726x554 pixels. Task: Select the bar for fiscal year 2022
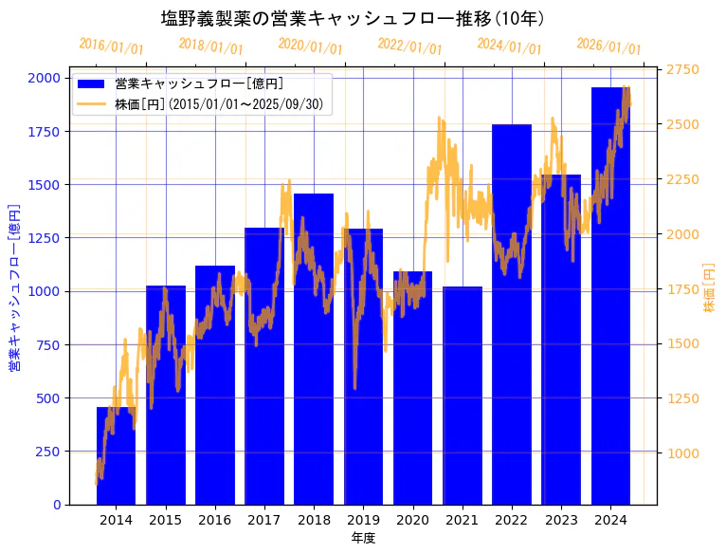[x=512, y=313]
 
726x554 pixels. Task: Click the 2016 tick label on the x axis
[x=215, y=520]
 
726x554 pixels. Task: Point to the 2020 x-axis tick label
[x=413, y=520]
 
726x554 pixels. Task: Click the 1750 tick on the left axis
[x=46, y=132]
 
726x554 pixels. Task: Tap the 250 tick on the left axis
[x=49, y=452]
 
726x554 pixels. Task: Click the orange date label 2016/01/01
[x=111, y=46]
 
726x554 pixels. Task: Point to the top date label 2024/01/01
[x=509, y=46]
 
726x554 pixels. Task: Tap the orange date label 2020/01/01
[x=310, y=46]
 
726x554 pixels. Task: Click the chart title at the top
[x=353, y=18]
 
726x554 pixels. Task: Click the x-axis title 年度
[x=363, y=538]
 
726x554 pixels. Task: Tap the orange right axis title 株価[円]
[x=710, y=289]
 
